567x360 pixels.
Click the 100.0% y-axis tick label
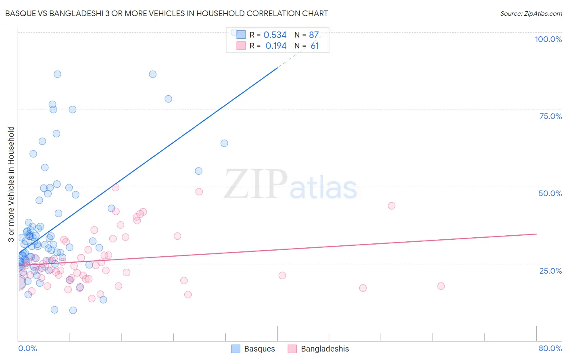(x=548, y=39)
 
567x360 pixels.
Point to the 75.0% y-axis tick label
(x=550, y=116)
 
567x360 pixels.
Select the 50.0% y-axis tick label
(x=550, y=193)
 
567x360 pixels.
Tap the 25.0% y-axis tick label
(x=550, y=270)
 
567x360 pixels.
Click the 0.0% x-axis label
(x=27, y=348)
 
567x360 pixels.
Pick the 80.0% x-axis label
(x=550, y=348)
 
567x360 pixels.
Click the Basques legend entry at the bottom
(x=253, y=349)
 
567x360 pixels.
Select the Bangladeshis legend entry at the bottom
(x=319, y=349)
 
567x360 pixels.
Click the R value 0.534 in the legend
(x=275, y=35)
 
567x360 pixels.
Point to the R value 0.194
(x=276, y=46)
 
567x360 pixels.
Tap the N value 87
(x=314, y=35)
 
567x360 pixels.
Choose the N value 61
(x=315, y=46)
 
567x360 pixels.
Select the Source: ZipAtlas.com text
(x=531, y=13)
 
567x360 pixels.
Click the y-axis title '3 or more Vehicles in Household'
(x=11, y=184)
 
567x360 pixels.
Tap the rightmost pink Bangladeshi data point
(x=441, y=286)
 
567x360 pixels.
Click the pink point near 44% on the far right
(x=391, y=206)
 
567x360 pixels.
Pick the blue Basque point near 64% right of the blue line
(x=224, y=143)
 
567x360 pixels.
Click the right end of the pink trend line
(x=536, y=234)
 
